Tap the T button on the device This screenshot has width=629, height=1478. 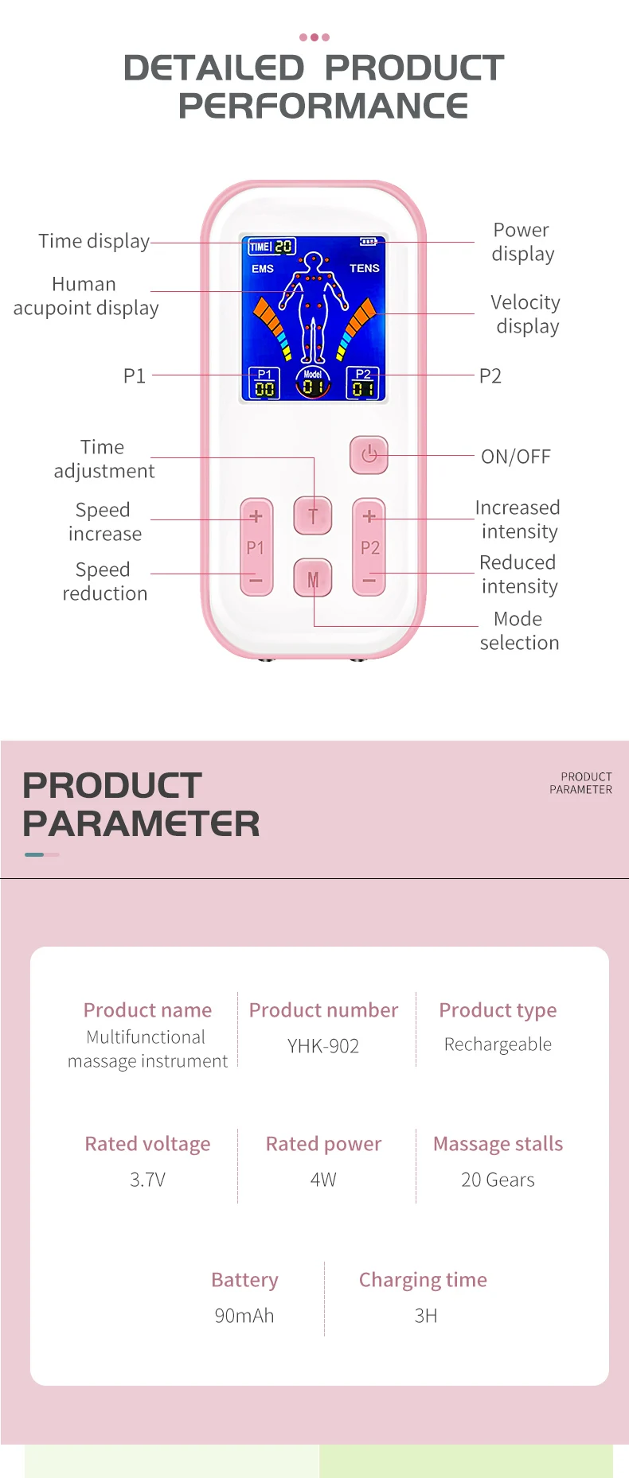pos(313,515)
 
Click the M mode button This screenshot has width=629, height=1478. pos(313,578)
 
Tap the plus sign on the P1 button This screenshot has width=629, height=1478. pos(256,516)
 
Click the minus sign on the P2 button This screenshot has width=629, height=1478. pos(369,581)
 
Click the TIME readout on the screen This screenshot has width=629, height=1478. pos(272,247)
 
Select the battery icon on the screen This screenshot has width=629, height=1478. pos(369,242)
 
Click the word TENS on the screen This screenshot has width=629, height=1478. pos(365,268)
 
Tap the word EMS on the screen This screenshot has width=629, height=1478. pos(263,269)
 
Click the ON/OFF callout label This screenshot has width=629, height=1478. pos(516,457)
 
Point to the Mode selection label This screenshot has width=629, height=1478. pos(519,631)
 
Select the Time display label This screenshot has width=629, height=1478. pos(94,241)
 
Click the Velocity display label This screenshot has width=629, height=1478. pos(525,314)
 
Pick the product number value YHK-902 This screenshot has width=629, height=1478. pos(323,1046)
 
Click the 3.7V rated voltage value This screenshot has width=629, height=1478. pos(148,1180)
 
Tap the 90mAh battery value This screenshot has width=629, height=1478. pos(244,1316)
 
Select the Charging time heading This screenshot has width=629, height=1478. pos(423,1280)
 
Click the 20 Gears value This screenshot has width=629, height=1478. pos(498,1180)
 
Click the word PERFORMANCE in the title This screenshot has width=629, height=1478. pos(323,106)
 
